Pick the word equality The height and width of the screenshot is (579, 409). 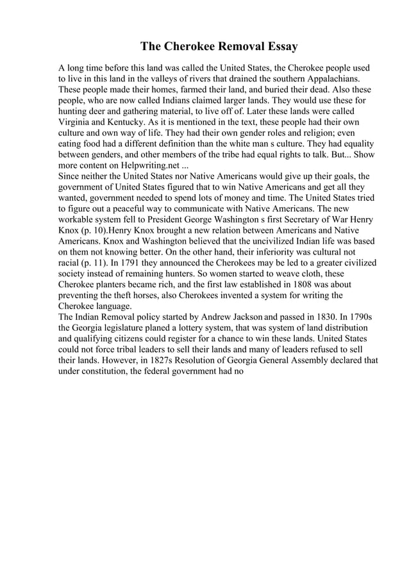pyautogui.click(x=355, y=144)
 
